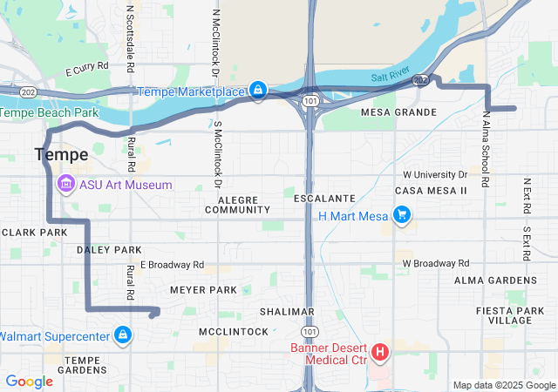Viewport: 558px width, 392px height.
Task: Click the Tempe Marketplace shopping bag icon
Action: coord(258,90)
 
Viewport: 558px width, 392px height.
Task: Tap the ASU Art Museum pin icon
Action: coord(65,185)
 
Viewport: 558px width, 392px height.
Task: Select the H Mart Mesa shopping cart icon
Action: coord(401,214)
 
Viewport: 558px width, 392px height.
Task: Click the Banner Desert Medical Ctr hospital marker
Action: coord(381,353)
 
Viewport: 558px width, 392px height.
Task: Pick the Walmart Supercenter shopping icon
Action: coord(123,335)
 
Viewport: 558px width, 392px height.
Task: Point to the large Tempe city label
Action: coord(61,155)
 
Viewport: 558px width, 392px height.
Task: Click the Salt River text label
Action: coord(389,78)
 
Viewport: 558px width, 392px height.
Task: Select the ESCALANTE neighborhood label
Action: coord(323,199)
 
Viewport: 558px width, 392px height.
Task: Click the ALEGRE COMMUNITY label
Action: coord(237,205)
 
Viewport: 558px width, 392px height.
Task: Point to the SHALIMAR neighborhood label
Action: coord(287,312)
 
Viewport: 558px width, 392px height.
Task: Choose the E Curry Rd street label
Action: coord(86,65)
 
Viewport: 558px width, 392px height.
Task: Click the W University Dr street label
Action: coord(435,175)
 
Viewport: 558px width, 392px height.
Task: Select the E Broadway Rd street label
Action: coord(172,264)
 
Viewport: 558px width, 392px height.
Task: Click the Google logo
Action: coord(29,381)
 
